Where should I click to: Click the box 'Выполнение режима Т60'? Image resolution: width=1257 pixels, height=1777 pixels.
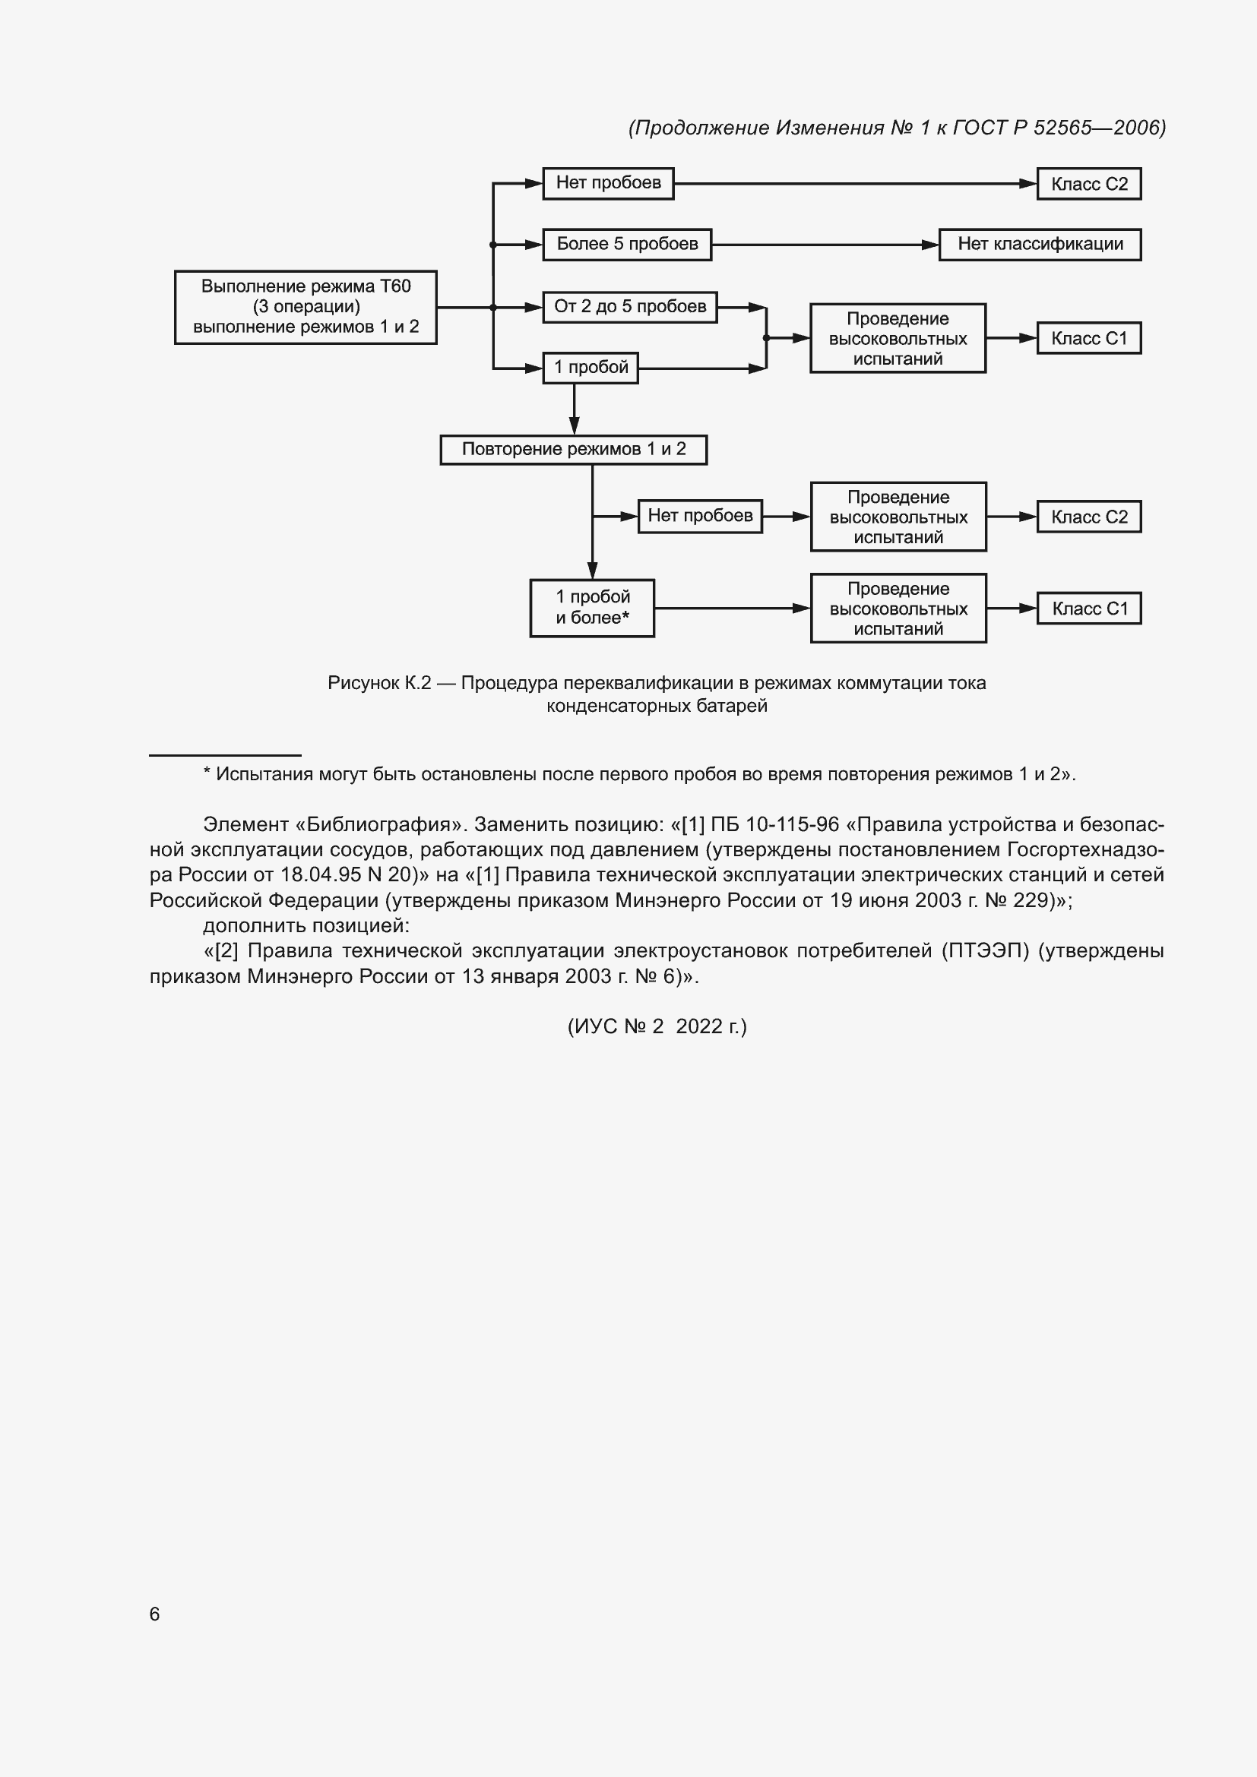pos(306,306)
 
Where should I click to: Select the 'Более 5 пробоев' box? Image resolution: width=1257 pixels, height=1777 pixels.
pos(627,245)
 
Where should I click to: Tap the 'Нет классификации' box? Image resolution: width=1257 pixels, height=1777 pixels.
pos(1040,245)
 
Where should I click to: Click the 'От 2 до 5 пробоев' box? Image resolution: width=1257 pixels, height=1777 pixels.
pos(630,307)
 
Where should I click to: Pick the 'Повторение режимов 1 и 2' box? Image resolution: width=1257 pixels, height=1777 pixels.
pos(574,450)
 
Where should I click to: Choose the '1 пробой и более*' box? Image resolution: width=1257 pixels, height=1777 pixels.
pos(592,608)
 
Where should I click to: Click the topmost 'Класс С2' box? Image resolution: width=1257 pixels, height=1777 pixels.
pos(1089,184)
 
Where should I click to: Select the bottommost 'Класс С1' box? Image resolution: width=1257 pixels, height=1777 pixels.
pos(1089,609)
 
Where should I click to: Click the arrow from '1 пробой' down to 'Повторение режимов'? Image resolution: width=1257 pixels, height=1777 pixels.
pos(575,409)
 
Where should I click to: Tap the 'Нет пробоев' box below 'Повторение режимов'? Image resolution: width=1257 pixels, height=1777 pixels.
pos(700,516)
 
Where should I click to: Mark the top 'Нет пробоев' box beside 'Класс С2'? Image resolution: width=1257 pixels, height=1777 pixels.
pos(609,183)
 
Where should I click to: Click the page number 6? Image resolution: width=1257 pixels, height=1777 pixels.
pos(155,1614)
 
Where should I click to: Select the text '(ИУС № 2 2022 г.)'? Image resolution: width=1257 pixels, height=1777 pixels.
pos(657,1026)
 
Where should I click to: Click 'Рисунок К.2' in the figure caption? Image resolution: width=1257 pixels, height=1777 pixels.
pos(379,684)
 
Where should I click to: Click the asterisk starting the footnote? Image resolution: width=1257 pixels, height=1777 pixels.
pos(207,773)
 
